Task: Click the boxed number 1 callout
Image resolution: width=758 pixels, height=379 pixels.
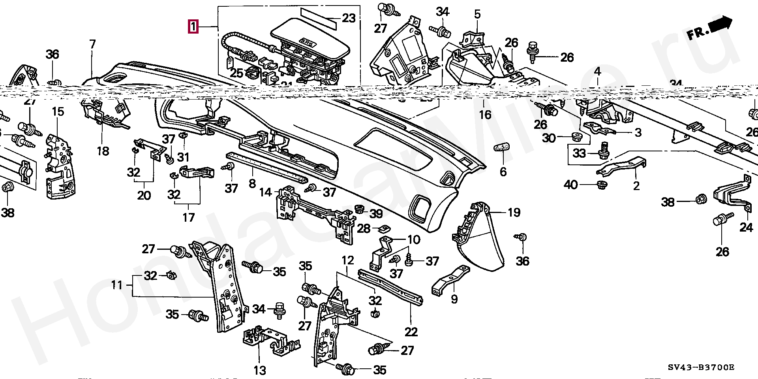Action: coord(193,27)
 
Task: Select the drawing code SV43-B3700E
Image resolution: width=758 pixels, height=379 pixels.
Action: coord(701,368)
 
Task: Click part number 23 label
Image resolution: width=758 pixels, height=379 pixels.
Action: coord(349,18)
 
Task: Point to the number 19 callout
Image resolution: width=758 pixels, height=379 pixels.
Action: coord(514,213)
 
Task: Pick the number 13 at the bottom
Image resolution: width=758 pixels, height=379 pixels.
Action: coord(259,370)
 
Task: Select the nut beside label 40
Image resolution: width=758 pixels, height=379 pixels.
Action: coord(601,185)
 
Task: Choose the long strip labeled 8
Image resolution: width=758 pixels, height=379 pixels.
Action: coord(266,168)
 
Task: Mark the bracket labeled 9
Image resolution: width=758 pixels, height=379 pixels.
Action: coord(450,281)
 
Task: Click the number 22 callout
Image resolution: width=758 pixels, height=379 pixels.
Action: coord(411,331)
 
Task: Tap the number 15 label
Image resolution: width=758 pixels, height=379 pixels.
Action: coord(58,112)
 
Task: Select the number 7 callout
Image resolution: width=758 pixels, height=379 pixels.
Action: coord(92,44)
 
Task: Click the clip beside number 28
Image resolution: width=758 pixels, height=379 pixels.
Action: coord(384,228)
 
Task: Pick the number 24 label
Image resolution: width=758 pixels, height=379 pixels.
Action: coord(746,227)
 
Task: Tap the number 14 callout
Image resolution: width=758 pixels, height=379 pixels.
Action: coord(265,192)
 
